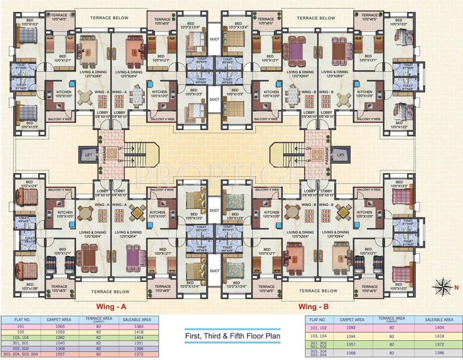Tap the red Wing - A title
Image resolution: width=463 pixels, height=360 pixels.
pos(111,307)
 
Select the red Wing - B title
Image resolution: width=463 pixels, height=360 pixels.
pos(313,307)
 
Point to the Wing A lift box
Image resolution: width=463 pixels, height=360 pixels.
pos(87,153)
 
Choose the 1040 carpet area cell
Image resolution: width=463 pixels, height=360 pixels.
pos(58,343)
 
